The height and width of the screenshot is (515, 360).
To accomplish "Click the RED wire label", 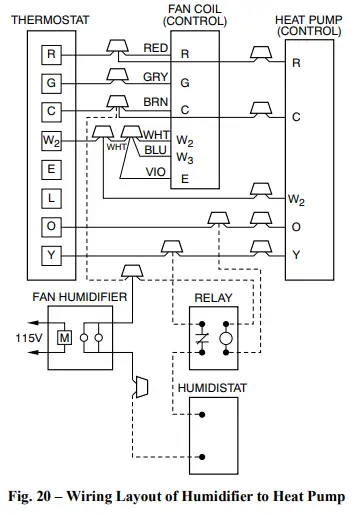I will pos(155,47).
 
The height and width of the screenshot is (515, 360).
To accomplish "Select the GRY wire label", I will pos(155,76).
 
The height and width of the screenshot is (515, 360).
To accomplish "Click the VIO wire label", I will pos(156,172).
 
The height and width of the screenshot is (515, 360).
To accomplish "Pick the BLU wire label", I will pos(156,150).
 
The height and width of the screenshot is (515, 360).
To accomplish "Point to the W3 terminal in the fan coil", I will pos(184,157).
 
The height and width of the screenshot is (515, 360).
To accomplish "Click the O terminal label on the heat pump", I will pos(296,226).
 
